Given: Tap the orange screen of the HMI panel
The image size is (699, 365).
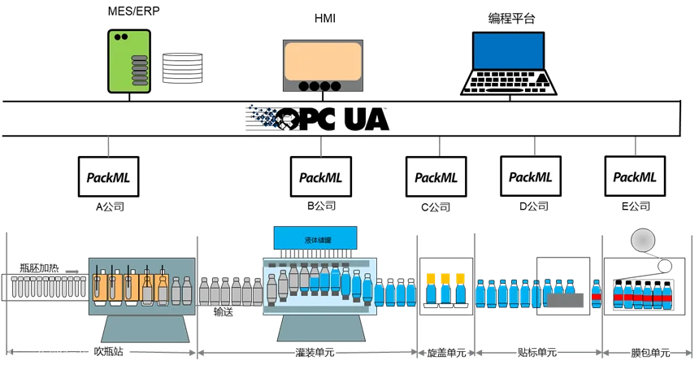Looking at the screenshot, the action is (322, 59).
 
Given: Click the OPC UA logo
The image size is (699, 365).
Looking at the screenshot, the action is (315, 119).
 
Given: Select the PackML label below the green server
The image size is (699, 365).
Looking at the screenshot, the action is (110, 178).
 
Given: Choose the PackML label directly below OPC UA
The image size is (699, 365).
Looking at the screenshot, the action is (321, 178).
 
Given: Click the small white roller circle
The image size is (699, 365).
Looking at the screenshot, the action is (665, 265).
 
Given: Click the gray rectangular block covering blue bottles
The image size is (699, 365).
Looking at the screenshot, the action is (565, 302).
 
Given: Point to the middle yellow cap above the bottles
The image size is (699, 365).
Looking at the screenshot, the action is (445, 278).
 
